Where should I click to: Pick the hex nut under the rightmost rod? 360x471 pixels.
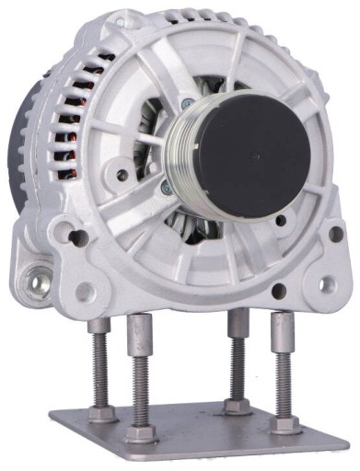click(285, 424)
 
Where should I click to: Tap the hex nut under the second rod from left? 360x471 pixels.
click(141, 432)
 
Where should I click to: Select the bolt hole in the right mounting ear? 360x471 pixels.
click(324, 281)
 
